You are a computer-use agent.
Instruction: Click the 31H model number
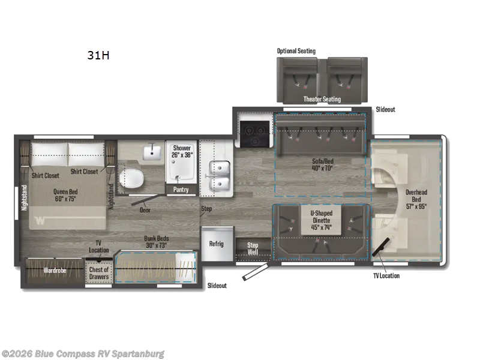98,55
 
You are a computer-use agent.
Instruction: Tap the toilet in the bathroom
131,178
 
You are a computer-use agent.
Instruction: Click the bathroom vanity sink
152,151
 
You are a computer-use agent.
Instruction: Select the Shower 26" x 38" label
182,152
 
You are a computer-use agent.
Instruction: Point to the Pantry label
181,190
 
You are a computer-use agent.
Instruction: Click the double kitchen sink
220,176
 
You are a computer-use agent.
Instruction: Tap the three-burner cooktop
254,134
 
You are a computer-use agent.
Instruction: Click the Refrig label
217,244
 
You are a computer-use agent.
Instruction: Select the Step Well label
253,248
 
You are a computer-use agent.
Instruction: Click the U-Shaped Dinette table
322,220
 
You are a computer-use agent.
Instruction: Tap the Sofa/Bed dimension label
323,164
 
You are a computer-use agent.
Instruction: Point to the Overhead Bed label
416,199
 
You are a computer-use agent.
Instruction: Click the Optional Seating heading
296,51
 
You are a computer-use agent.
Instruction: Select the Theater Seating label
322,99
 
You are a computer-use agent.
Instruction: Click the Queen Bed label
65,196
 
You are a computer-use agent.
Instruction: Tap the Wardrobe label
55,271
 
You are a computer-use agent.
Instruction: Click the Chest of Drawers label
99,273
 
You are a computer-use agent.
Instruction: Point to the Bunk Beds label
157,242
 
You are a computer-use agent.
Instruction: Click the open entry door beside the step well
256,272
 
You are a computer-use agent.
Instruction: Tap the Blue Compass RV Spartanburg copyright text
83,354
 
